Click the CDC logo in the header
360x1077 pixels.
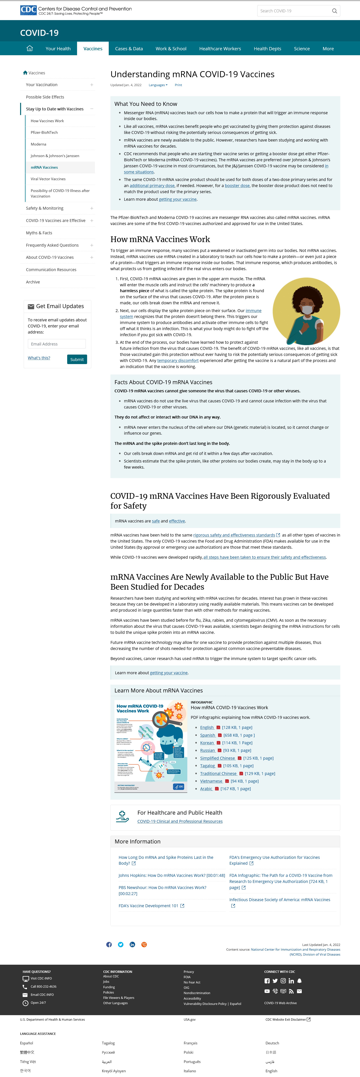click(x=28, y=10)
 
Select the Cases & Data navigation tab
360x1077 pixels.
click(x=129, y=49)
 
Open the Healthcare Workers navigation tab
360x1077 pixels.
click(x=220, y=49)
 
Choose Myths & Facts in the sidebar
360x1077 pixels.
click(x=39, y=233)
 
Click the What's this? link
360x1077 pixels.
click(x=39, y=358)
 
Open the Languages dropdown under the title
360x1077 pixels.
click(x=158, y=85)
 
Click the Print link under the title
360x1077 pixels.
click(x=178, y=85)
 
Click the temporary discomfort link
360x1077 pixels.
click(x=178, y=360)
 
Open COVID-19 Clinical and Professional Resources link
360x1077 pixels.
click(x=180, y=821)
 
